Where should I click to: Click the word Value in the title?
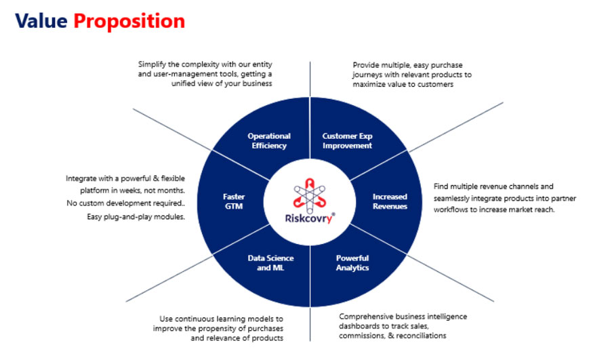(x=41, y=20)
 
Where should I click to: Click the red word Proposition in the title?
(x=129, y=22)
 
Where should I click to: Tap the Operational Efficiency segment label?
(x=269, y=140)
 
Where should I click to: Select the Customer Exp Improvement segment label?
(x=347, y=140)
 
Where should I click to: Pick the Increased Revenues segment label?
(x=390, y=201)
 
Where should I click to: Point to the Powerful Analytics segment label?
(x=352, y=262)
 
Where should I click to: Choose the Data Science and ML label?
(x=270, y=262)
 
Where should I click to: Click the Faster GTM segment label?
(x=234, y=201)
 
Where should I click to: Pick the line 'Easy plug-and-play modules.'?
(x=136, y=217)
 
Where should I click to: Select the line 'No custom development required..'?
(x=125, y=203)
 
